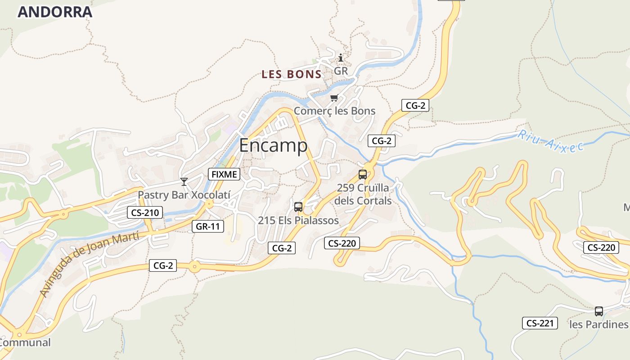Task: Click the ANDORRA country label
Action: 55,12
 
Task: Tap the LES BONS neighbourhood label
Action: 292,75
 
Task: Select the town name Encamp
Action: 273,146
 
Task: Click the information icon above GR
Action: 341,58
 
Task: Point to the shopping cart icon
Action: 334,98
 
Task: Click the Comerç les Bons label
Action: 334,111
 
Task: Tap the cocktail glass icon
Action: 184,181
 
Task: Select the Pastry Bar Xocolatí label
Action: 184,195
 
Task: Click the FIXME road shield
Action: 224,174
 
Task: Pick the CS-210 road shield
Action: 144,212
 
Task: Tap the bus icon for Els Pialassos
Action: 298,207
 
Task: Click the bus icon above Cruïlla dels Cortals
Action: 363,175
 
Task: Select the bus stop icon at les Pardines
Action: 598,311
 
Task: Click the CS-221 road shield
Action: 540,323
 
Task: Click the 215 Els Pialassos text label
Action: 298,220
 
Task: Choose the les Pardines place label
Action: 598,324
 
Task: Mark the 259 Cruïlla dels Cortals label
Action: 363,194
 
